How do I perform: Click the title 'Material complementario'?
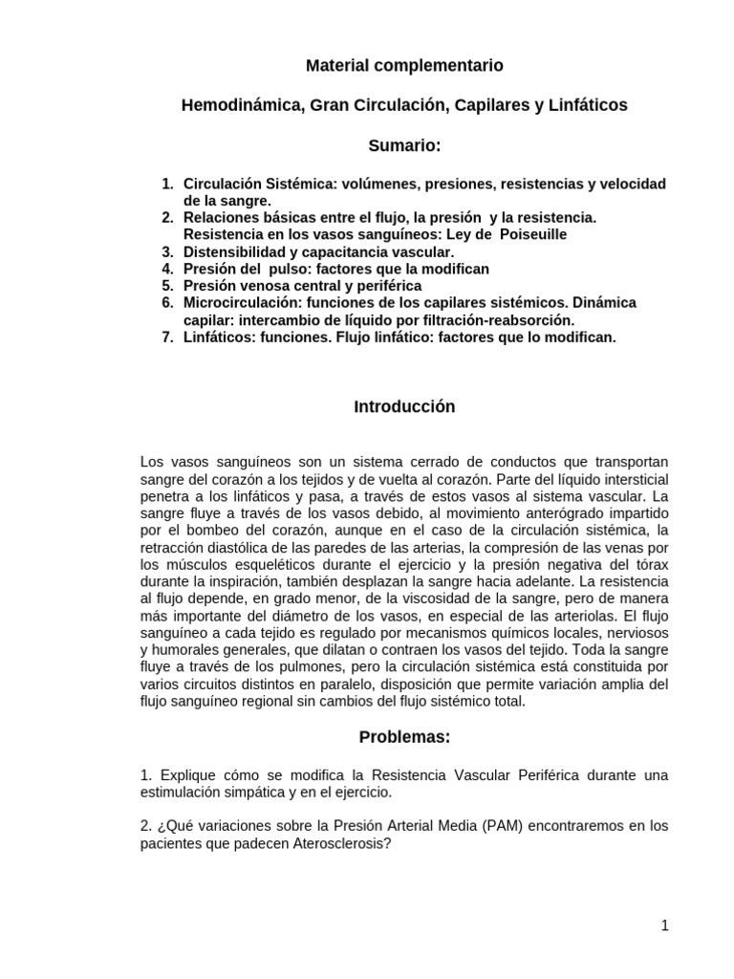403,66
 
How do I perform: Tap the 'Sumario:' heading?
404,145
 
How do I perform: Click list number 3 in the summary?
167,251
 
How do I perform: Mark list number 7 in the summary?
167,337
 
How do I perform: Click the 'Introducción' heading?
404,407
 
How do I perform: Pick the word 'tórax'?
650,564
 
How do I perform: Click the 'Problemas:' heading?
404,737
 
